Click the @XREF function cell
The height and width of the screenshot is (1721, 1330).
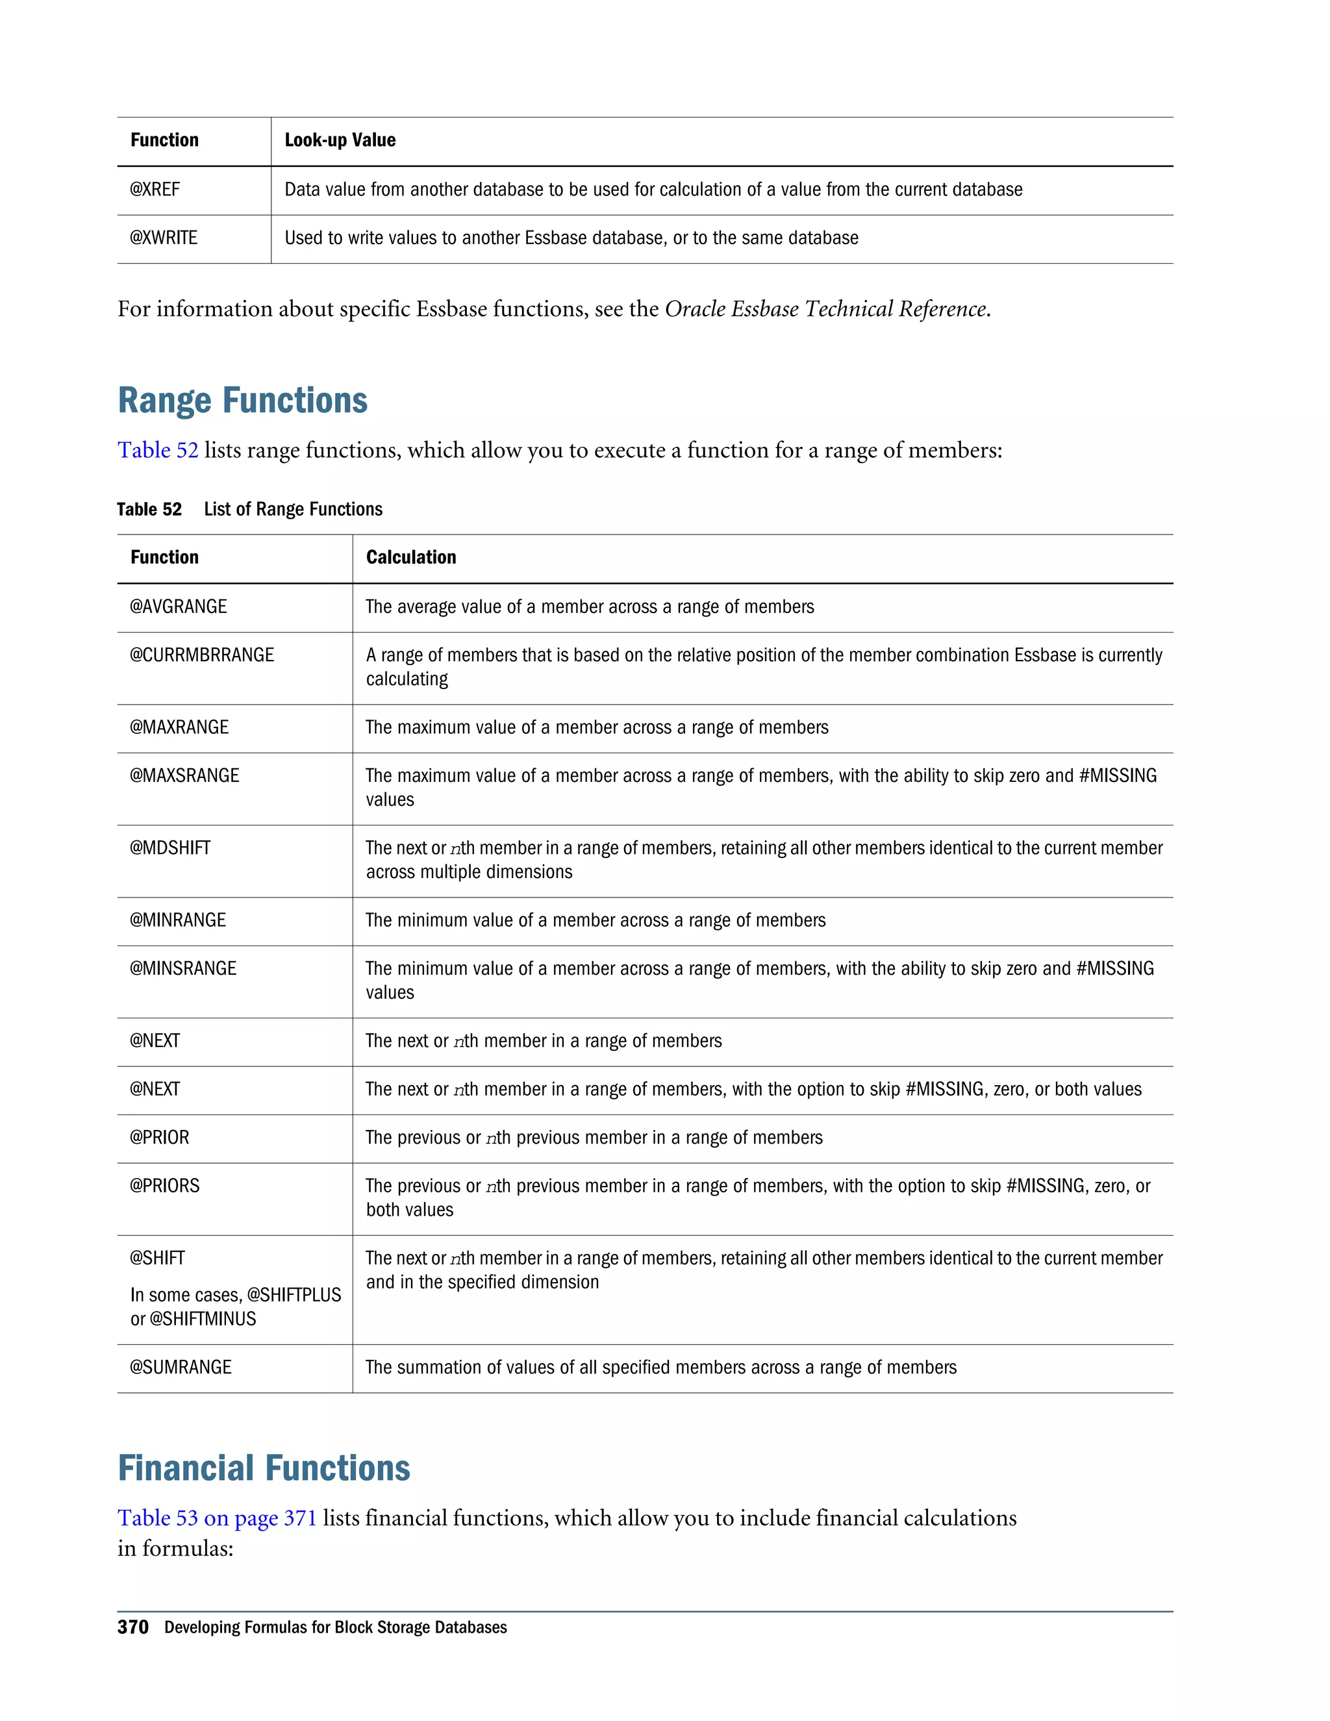[x=155, y=189]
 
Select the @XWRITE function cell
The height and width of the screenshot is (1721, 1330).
[x=164, y=238]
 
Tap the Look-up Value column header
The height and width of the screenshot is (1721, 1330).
[x=340, y=140]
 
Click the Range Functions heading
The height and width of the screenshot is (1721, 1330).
[x=243, y=400]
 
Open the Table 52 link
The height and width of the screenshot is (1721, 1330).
[x=158, y=450]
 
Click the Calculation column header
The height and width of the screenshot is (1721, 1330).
[x=410, y=557]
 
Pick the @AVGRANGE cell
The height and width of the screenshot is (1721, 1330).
[x=178, y=607]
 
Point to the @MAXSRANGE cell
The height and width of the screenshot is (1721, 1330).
[x=184, y=775]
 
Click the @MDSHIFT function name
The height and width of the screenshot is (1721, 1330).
[x=170, y=848]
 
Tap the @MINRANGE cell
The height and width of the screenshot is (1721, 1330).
[x=178, y=920]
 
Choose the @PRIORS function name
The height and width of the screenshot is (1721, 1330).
[x=165, y=1186]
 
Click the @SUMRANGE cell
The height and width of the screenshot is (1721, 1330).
[x=181, y=1367]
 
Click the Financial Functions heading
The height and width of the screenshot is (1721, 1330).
[x=264, y=1468]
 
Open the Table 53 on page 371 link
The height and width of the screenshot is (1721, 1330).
[x=217, y=1518]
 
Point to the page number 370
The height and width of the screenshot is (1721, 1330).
[x=132, y=1627]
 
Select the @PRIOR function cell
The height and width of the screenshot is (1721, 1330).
[x=159, y=1138]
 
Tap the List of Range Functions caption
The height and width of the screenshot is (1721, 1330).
[x=293, y=509]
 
